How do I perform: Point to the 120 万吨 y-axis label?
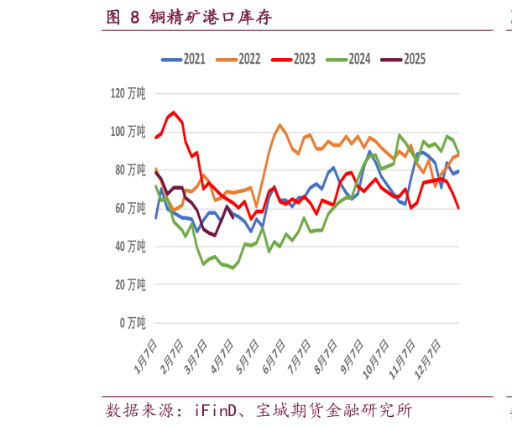(128, 93)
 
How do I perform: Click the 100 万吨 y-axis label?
(128, 132)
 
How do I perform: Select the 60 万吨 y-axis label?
(130, 208)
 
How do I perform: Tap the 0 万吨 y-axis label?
(133, 322)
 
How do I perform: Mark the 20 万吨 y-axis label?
(130, 284)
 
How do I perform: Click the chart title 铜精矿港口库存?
(211, 17)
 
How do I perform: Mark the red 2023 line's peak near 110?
(174, 112)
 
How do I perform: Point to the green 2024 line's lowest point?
(232, 268)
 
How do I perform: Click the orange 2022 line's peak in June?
(280, 124)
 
